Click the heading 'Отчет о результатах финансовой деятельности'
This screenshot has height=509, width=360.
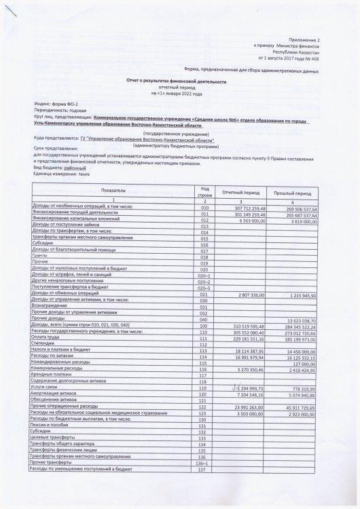pos(181,81)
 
